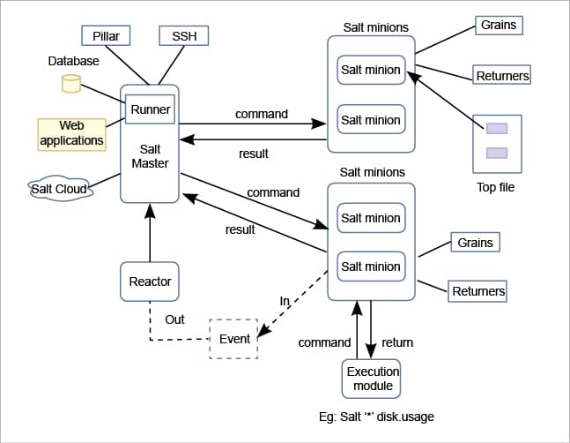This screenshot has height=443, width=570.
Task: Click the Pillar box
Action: (x=106, y=36)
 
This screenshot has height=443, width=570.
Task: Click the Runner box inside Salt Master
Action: (x=150, y=110)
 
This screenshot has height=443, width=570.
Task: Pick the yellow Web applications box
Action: (x=71, y=133)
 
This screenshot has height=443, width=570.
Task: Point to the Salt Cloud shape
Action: (x=60, y=188)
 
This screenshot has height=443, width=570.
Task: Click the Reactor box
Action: (x=150, y=282)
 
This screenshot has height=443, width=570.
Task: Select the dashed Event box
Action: (x=234, y=339)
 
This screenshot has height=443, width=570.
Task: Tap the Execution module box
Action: (x=371, y=379)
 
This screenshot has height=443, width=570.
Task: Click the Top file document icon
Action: (x=497, y=141)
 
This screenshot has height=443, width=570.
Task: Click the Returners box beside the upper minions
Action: (x=502, y=76)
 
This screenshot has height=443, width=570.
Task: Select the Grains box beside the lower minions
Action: (x=475, y=242)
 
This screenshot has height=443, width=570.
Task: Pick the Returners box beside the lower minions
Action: (x=478, y=290)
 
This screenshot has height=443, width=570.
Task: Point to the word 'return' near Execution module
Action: (x=397, y=342)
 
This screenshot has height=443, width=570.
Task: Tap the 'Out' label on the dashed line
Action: (x=174, y=319)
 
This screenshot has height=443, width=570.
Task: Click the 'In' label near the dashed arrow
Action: (x=285, y=301)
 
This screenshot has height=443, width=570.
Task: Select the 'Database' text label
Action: (x=73, y=61)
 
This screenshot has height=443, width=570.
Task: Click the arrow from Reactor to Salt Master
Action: (x=150, y=234)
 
